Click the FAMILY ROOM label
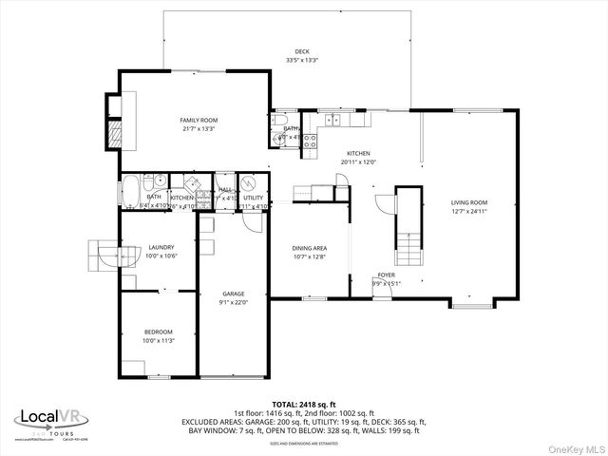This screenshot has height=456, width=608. [x=199, y=120]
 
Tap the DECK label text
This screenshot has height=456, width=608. [x=302, y=51]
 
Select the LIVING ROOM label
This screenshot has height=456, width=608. [x=469, y=202]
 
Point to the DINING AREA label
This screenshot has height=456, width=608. [x=310, y=248]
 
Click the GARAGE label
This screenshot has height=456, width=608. [x=234, y=294]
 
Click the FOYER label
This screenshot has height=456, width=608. [x=386, y=275]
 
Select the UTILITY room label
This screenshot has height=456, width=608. [x=253, y=198]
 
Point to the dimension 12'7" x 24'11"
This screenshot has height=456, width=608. [x=469, y=212]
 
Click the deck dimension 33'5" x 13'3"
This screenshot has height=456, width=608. [x=302, y=60]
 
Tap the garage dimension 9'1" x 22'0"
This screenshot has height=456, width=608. [x=234, y=302]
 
